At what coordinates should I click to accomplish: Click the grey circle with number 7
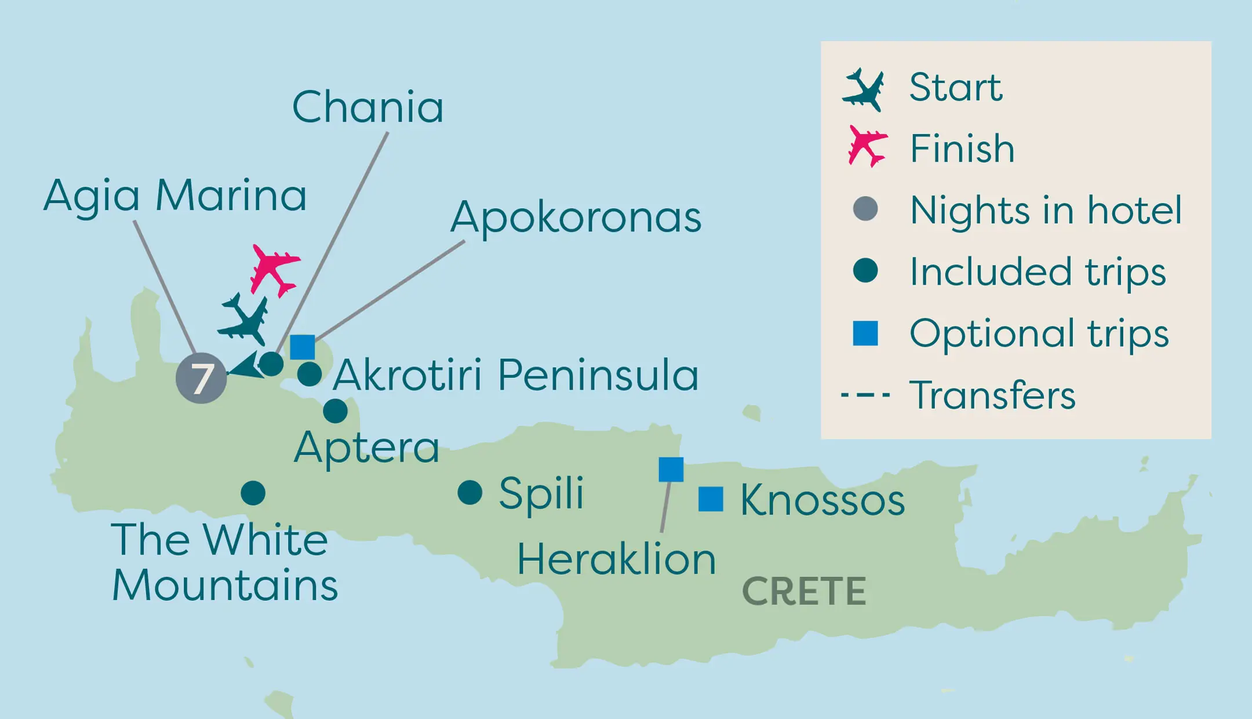pyautogui.click(x=201, y=378)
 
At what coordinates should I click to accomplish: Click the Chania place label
pyautogui.click(x=367, y=108)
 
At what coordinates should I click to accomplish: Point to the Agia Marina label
pyautogui.click(x=174, y=196)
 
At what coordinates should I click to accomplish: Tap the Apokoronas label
pyautogui.click(x=576, y=218)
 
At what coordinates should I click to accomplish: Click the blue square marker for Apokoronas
pyautogui.click(x=303, y=347)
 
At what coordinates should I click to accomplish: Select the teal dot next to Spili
pyautogui.click(x=469, y=493)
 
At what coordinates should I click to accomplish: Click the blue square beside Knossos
pyautogui.click(x=711, y=499)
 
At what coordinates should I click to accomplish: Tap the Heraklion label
pyautogui.click(x=616, y=560)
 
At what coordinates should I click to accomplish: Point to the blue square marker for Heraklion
pyautogui.click(x=671, y=469)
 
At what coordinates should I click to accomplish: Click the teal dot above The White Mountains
pyautogui.click(x=253, y=493)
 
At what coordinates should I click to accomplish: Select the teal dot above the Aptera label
pyautogui.click(x=335, y=411)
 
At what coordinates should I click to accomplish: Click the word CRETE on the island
pyautogui.click(x=804, y=591)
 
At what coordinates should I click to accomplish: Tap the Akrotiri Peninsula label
pyautogui.click(x=515, y=376)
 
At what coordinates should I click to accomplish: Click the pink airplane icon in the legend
pyautogui.click(x=866, y=146)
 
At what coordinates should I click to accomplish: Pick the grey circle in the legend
pyautogui.click(x=865, y=209)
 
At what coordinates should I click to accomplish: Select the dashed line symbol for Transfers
pyautogui.click(x=865, y=395)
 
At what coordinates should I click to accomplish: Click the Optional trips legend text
pyautogui.click(x=1039, y=333)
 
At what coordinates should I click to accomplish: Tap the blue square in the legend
pyautogui.click(x=865, y=333)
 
